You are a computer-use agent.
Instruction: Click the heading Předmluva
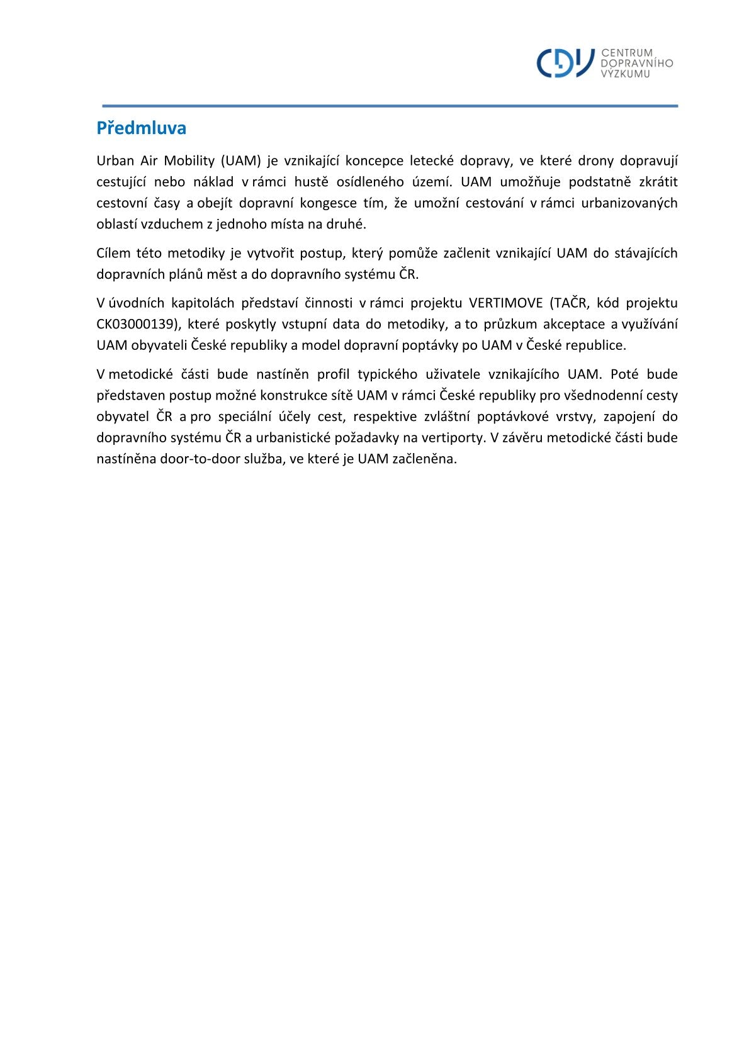coord(141,128)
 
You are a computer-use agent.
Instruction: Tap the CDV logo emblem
coord(565,63)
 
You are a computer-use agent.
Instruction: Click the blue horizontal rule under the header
coord(390,106)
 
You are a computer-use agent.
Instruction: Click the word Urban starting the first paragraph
coord(115,160)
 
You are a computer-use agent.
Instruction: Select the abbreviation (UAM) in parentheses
coord(240,160)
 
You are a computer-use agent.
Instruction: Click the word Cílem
coord(112,253)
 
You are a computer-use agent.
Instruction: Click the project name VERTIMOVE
coord(505,303)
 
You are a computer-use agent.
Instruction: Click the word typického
coord(387,374)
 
